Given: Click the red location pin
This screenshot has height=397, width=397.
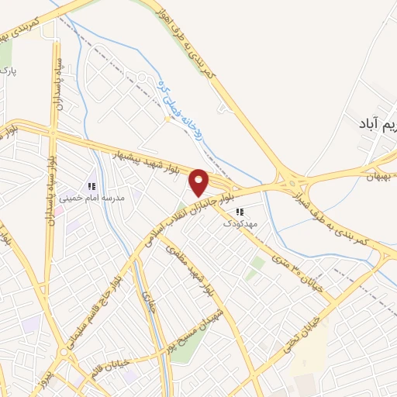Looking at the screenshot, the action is tap(199, 181).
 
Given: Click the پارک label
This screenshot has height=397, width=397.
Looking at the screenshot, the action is tap(9, 71).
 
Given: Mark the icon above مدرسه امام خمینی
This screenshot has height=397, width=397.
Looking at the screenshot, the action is tap(92, 186).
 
